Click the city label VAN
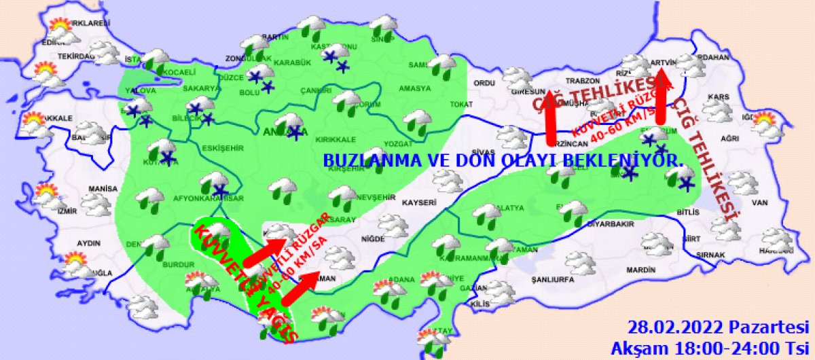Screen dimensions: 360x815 point(759,202)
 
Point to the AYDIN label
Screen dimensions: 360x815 point(88,243)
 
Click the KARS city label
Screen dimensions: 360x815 point(718,97)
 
